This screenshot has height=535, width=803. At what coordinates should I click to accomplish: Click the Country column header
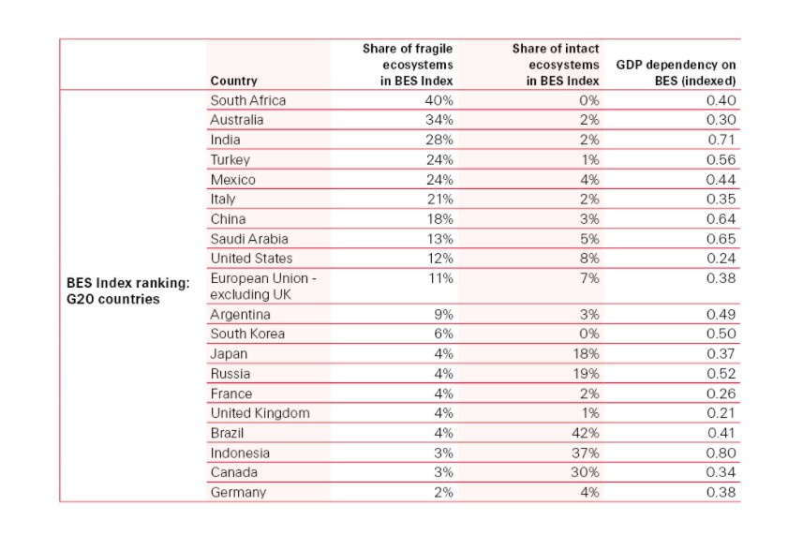click(x=233, y=81)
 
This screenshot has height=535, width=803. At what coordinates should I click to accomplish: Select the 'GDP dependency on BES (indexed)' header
click(x=676, y=73)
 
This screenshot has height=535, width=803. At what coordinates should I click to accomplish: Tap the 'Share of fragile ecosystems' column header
click(x=408, y=65)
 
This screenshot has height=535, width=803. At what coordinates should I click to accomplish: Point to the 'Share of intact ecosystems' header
click(x=555, y=65)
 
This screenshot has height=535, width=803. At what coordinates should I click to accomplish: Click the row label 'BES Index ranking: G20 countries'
click(x=128, y=290)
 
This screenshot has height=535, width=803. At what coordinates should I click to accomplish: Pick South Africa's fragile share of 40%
click(x=439, y=100)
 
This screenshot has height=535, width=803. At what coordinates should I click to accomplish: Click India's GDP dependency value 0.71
click(x=721, y=140)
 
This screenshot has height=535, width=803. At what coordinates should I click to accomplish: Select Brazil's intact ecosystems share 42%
click(x=586, y=433)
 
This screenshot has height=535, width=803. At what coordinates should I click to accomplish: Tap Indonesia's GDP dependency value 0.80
click(x=721, y=453)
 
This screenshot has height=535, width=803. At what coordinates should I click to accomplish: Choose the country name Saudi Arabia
click(x=249, y=239)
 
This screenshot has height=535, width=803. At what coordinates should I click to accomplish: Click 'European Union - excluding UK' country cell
click(x=263, y=286)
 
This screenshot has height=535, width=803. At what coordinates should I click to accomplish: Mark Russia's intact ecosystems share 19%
click(x=586, y=374)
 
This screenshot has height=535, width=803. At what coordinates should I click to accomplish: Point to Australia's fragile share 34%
click(x=439, y=120)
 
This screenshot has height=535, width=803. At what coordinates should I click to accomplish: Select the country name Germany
click(x=238, y=493)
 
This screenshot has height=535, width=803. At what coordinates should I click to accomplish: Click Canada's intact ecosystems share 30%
click(x=585, y=472)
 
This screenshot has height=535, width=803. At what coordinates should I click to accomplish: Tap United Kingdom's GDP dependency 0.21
click(x=721, y=413)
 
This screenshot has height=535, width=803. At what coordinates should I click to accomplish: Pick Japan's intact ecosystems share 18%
click(x=586, y=354)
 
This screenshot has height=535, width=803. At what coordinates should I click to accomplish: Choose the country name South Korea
click(x=247, y=334)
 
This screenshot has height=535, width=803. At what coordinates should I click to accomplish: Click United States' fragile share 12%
click(x=439, y=259)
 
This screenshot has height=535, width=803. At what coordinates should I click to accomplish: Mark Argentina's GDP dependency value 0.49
click(x=721, y=314)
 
